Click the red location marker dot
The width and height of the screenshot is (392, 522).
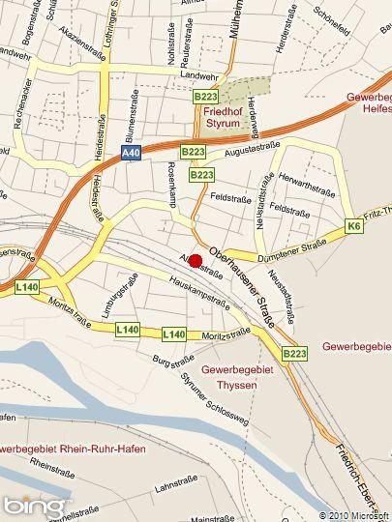coord(196,260)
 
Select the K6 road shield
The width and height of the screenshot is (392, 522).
coord(352,226)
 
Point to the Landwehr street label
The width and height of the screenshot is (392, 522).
coord(199,76)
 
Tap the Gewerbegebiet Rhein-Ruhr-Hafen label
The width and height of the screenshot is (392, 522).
coord(58,449)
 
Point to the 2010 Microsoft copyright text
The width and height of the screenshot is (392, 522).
coord(354,515)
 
